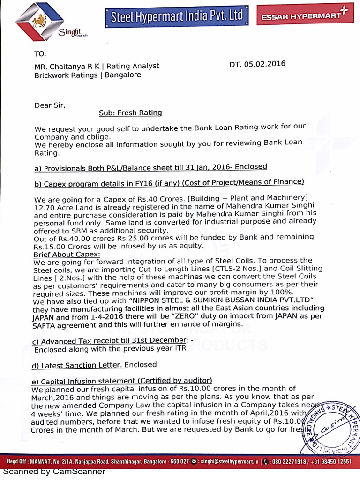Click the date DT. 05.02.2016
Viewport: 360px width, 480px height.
[257, 64]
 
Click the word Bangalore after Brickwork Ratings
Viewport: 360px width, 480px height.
[122, 75]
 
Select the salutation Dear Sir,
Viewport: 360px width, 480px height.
[50, 105]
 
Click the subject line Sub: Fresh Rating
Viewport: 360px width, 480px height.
[130, 112]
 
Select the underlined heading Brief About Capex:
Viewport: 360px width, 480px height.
[67, 254]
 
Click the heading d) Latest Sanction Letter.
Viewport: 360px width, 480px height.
[78, 365]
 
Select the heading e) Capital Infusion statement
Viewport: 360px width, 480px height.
[122, 380]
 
